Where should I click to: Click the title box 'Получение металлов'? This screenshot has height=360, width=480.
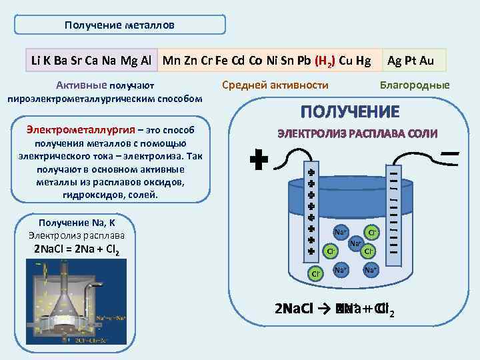tap(120, 25)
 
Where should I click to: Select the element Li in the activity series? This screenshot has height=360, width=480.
tap(37, 61)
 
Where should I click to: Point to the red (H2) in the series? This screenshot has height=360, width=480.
tap(325, 61)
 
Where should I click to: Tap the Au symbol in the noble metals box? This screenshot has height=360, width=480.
tap(427, 61)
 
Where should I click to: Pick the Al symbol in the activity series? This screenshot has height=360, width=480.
tap(146, 61)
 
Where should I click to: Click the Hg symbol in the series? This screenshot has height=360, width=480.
tap(364, 61)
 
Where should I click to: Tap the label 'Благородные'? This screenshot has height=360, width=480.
tap(414, 85)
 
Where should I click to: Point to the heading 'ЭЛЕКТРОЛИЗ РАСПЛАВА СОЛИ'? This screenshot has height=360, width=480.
tap(357, 133)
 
